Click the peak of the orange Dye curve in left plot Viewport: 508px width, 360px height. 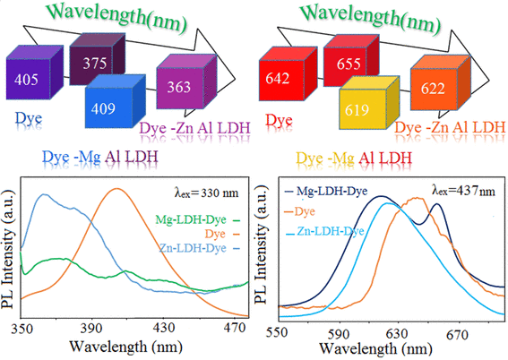pos(116,189)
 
